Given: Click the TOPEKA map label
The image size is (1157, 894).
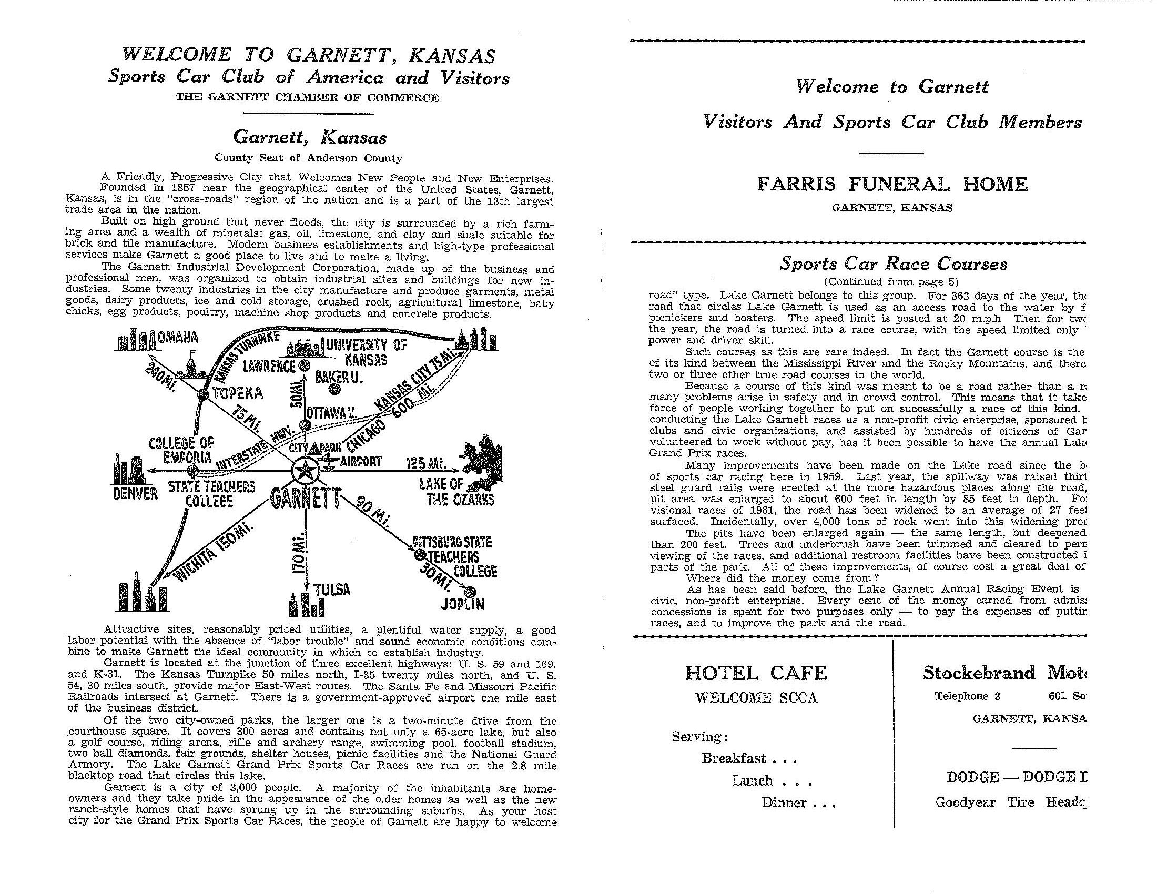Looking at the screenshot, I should pyautogui.click(x=238, y=393).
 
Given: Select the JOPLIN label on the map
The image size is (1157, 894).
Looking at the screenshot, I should pyautogui.click(x=462, y=604).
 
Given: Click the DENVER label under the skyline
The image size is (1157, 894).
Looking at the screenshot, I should pyautogui.click(x=136, y=494).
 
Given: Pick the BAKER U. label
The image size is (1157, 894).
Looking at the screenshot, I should pyautogui.click(x=338, y=377).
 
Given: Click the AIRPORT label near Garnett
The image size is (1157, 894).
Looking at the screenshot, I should pyautogui.click(x=361, y=461).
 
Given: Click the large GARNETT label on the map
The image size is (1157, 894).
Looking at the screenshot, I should pyautogui.click(x=303, y=500).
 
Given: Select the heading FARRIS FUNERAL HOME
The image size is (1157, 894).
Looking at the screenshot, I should pyautogui.click(x=892, y=184).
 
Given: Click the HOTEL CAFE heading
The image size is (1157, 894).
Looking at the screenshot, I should pyautogui.click(x=756, y=673).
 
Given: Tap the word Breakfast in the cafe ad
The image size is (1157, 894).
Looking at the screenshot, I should pyautogui.click(x=734, y=758).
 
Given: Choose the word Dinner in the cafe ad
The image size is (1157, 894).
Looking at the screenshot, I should pyautogui.click(x=784, y=802).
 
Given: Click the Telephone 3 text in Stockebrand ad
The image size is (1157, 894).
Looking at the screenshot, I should pyautogui.click(x=967, y=696).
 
